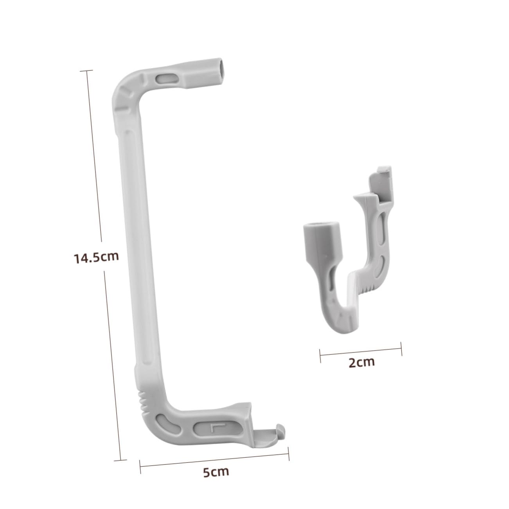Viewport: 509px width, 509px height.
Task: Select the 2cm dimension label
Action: [x=361, y=362]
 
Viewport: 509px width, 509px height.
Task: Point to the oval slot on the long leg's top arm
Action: [x=165, y=79]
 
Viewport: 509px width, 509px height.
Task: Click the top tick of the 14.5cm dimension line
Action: [x=86, y=70]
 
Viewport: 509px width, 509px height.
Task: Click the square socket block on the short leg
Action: [x=322, y=243]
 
